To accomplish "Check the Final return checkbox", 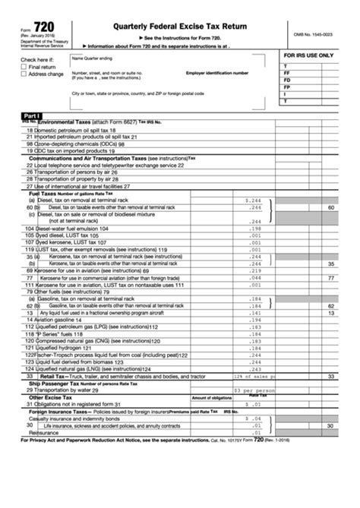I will coord(24,67).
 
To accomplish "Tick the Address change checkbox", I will coord(24,74).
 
